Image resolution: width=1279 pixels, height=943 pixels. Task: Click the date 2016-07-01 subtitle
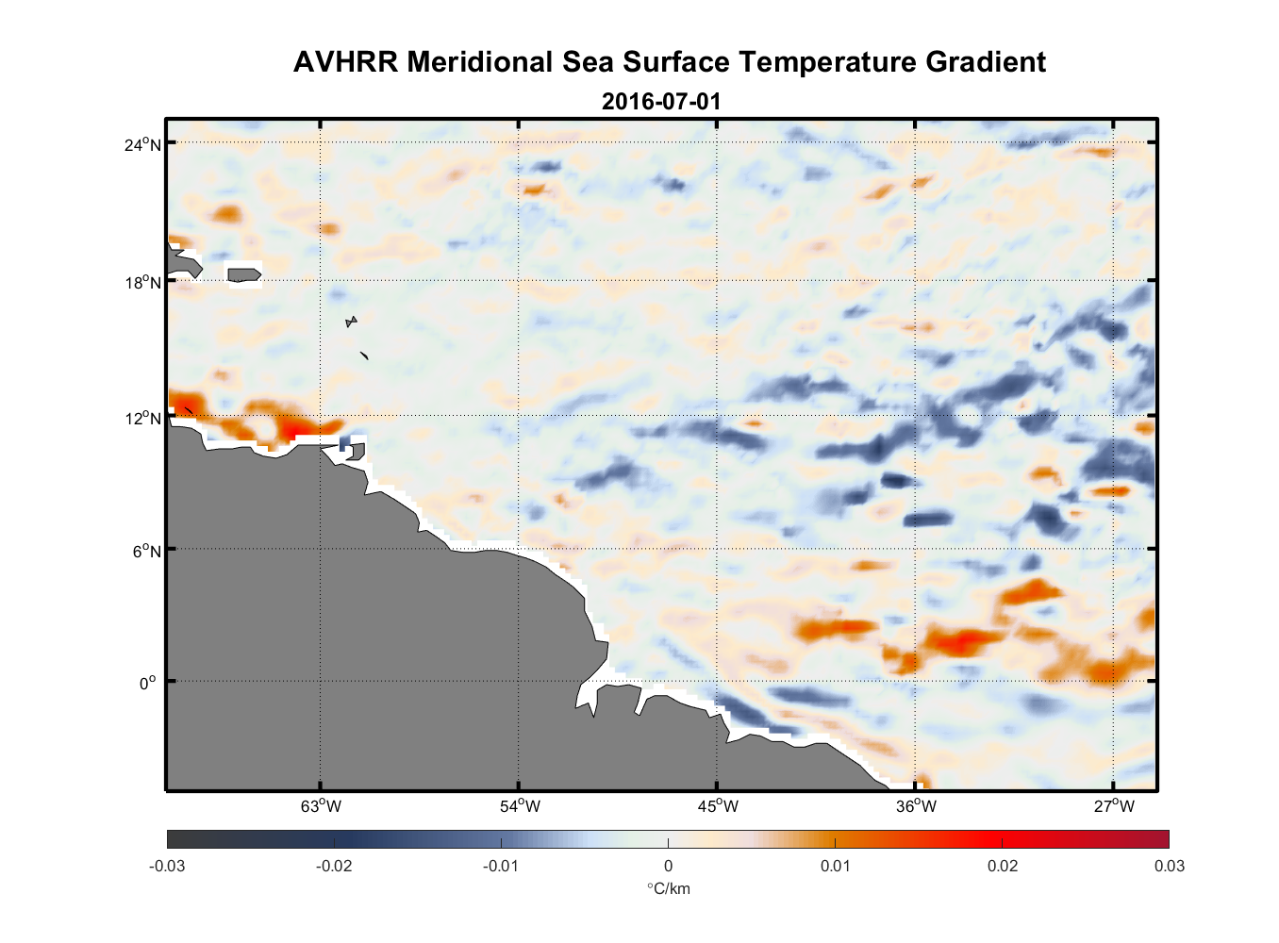[661, 101]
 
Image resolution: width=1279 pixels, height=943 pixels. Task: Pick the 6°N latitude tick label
[146, 551]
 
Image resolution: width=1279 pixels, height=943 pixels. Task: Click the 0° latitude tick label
[148, 683]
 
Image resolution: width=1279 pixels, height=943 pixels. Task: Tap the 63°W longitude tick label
[321, 806]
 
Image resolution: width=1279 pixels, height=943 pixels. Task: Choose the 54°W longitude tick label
[520, 806]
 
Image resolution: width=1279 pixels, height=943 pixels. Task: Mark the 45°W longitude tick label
[718, 806]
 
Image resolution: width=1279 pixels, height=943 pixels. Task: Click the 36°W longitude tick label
[916, 806]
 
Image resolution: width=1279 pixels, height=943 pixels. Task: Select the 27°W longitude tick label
[1114, 806]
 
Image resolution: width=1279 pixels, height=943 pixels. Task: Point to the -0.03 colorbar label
[167, 866]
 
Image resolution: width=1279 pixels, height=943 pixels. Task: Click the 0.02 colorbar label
[1002, 866]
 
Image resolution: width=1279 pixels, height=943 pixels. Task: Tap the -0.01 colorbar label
[501, 866]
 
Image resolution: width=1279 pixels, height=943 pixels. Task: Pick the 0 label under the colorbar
[668, 866]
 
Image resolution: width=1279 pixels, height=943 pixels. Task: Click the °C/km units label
[668, 888]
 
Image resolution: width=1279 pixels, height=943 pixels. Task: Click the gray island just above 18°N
[244, 274]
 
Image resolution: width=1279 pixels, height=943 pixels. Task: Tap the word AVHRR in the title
[345, 62]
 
